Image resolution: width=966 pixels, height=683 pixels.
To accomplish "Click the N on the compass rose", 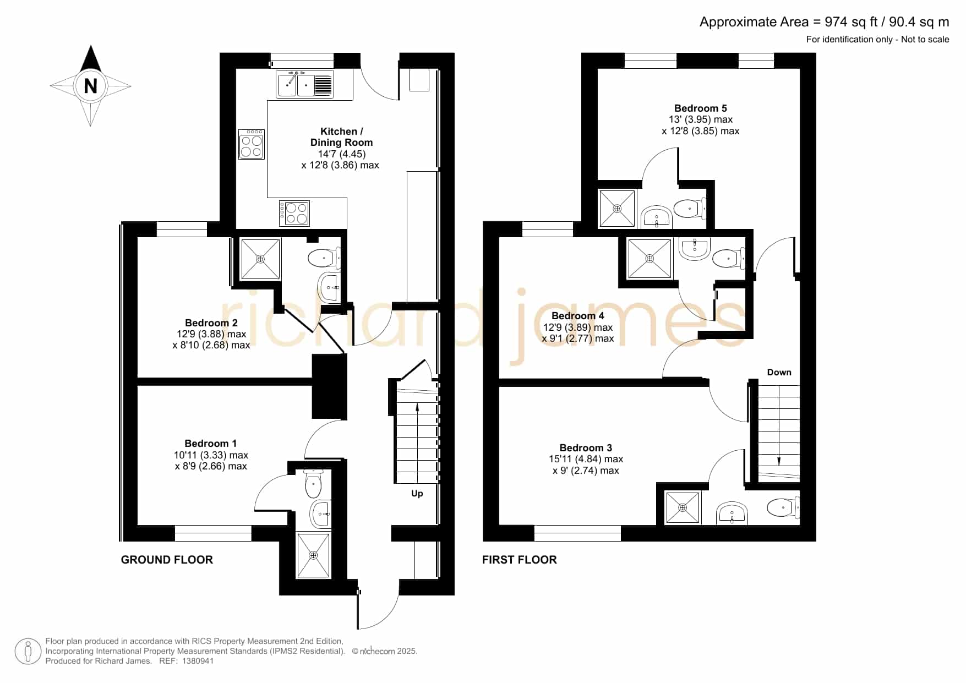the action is click(90, 86).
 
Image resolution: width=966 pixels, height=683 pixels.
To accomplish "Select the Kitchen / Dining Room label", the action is click(341, 136).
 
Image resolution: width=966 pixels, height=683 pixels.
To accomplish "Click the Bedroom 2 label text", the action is click(211, 323).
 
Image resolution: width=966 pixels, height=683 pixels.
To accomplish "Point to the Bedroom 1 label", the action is click(210, 444).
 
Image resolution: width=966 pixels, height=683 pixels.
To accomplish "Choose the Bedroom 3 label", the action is click(586, 448).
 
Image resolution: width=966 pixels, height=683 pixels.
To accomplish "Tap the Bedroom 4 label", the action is click(577, 316).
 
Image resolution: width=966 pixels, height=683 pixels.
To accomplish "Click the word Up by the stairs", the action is click(417, 494).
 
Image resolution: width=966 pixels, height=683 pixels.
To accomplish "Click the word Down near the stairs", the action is click(779, 373).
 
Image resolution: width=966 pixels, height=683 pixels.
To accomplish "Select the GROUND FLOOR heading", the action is click(167, 560).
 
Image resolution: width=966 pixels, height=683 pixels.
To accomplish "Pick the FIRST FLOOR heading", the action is click(520, 560).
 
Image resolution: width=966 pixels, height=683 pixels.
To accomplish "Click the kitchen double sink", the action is click(305, 84).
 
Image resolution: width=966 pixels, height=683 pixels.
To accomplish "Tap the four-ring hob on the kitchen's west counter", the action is click(252, 144).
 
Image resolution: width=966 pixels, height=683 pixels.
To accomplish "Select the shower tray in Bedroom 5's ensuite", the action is click(617, 209).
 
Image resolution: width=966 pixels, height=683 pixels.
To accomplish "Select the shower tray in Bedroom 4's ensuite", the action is click(650, 259).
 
